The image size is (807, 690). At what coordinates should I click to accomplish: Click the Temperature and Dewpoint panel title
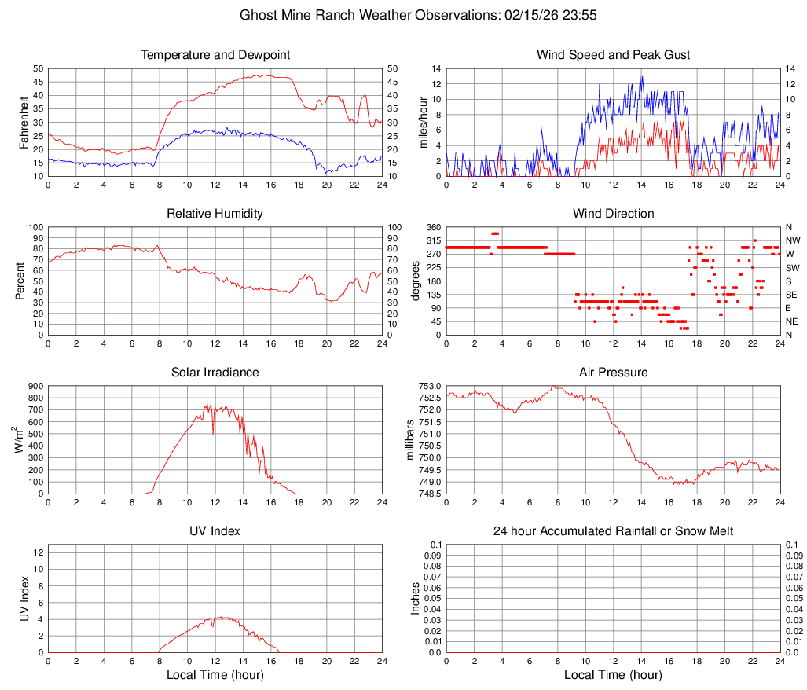click(215, 55)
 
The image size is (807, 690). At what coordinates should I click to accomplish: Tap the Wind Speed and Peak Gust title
click(613, 55)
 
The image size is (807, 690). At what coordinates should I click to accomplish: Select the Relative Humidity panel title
click(215, 214)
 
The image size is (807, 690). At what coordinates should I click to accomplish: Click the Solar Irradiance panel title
click(215, 373)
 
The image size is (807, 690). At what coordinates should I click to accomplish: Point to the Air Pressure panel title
click(613, 373)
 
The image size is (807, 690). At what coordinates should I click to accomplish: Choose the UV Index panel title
click(215, 531)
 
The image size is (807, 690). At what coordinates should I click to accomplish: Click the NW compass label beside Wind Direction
click(793, 240)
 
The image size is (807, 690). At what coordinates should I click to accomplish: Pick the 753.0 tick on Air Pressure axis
click(429, 386)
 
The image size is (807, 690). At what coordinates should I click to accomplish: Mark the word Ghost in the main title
click(258, 15)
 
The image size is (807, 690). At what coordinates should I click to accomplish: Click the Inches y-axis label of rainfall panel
click(416, 598)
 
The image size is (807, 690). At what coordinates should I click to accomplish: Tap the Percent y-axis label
click(20, 281)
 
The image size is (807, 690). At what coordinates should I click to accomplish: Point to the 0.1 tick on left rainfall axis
click(435, 545)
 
